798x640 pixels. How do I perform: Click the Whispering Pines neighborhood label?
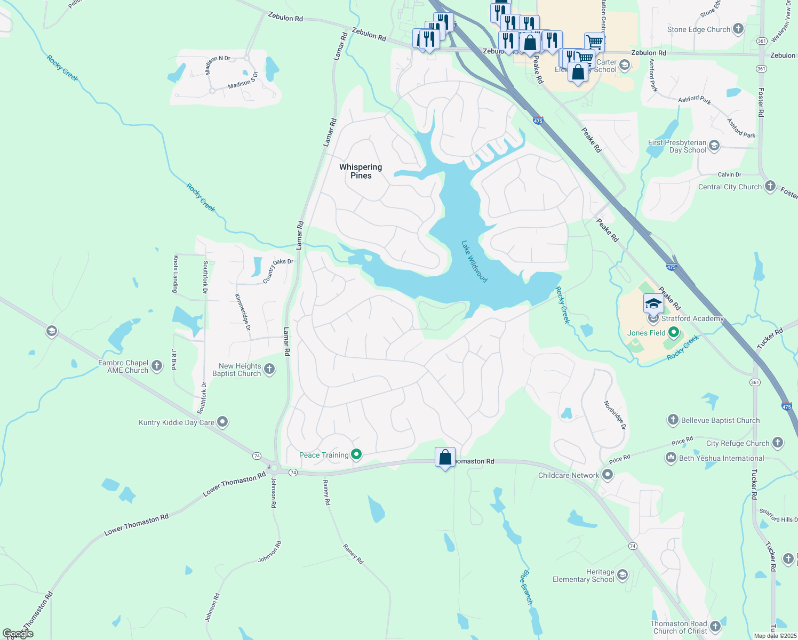[361, 171]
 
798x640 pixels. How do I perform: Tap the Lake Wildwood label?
[474, 261]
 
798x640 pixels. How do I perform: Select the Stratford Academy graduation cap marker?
[653, 304]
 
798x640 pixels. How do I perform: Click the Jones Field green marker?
[674, 333]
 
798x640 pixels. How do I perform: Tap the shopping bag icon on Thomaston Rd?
[445, 458]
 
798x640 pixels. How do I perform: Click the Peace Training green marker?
[356, 455]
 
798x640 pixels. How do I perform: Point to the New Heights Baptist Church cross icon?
[269, 369]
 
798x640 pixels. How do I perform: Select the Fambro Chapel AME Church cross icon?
[157, 366]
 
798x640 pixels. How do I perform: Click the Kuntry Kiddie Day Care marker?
[223, 422]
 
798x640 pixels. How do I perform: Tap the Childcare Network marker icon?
[608, 475]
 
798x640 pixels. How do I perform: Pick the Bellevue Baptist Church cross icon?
[673, 420]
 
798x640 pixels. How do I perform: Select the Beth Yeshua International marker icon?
[671, 458]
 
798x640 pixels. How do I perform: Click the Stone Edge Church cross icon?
[738, 29]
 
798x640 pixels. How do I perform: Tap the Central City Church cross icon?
[770, 186]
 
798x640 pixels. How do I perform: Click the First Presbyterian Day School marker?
[714, 146]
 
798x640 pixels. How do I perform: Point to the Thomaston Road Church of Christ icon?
[715, 626]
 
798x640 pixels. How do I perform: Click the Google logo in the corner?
[18, 634]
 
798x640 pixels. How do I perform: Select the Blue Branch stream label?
[526, 587]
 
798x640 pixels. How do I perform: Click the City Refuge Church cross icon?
[778, 443]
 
